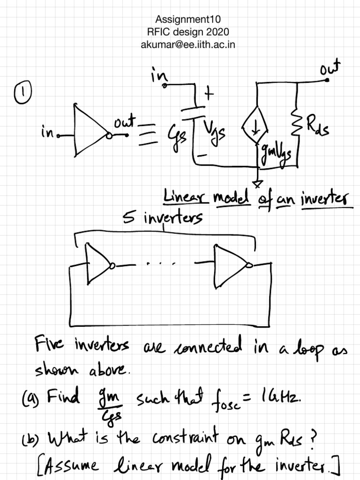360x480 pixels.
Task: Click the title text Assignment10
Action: pos(187,19)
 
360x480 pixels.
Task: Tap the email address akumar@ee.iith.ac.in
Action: pos(187,45)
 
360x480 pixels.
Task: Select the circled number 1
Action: pos(22,92)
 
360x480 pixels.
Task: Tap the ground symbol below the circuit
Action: pos(257,183)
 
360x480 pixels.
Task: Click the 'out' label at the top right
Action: pos(330,67)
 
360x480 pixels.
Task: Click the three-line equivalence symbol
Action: pos(149,135)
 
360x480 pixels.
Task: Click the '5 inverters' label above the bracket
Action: pos(163,217)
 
